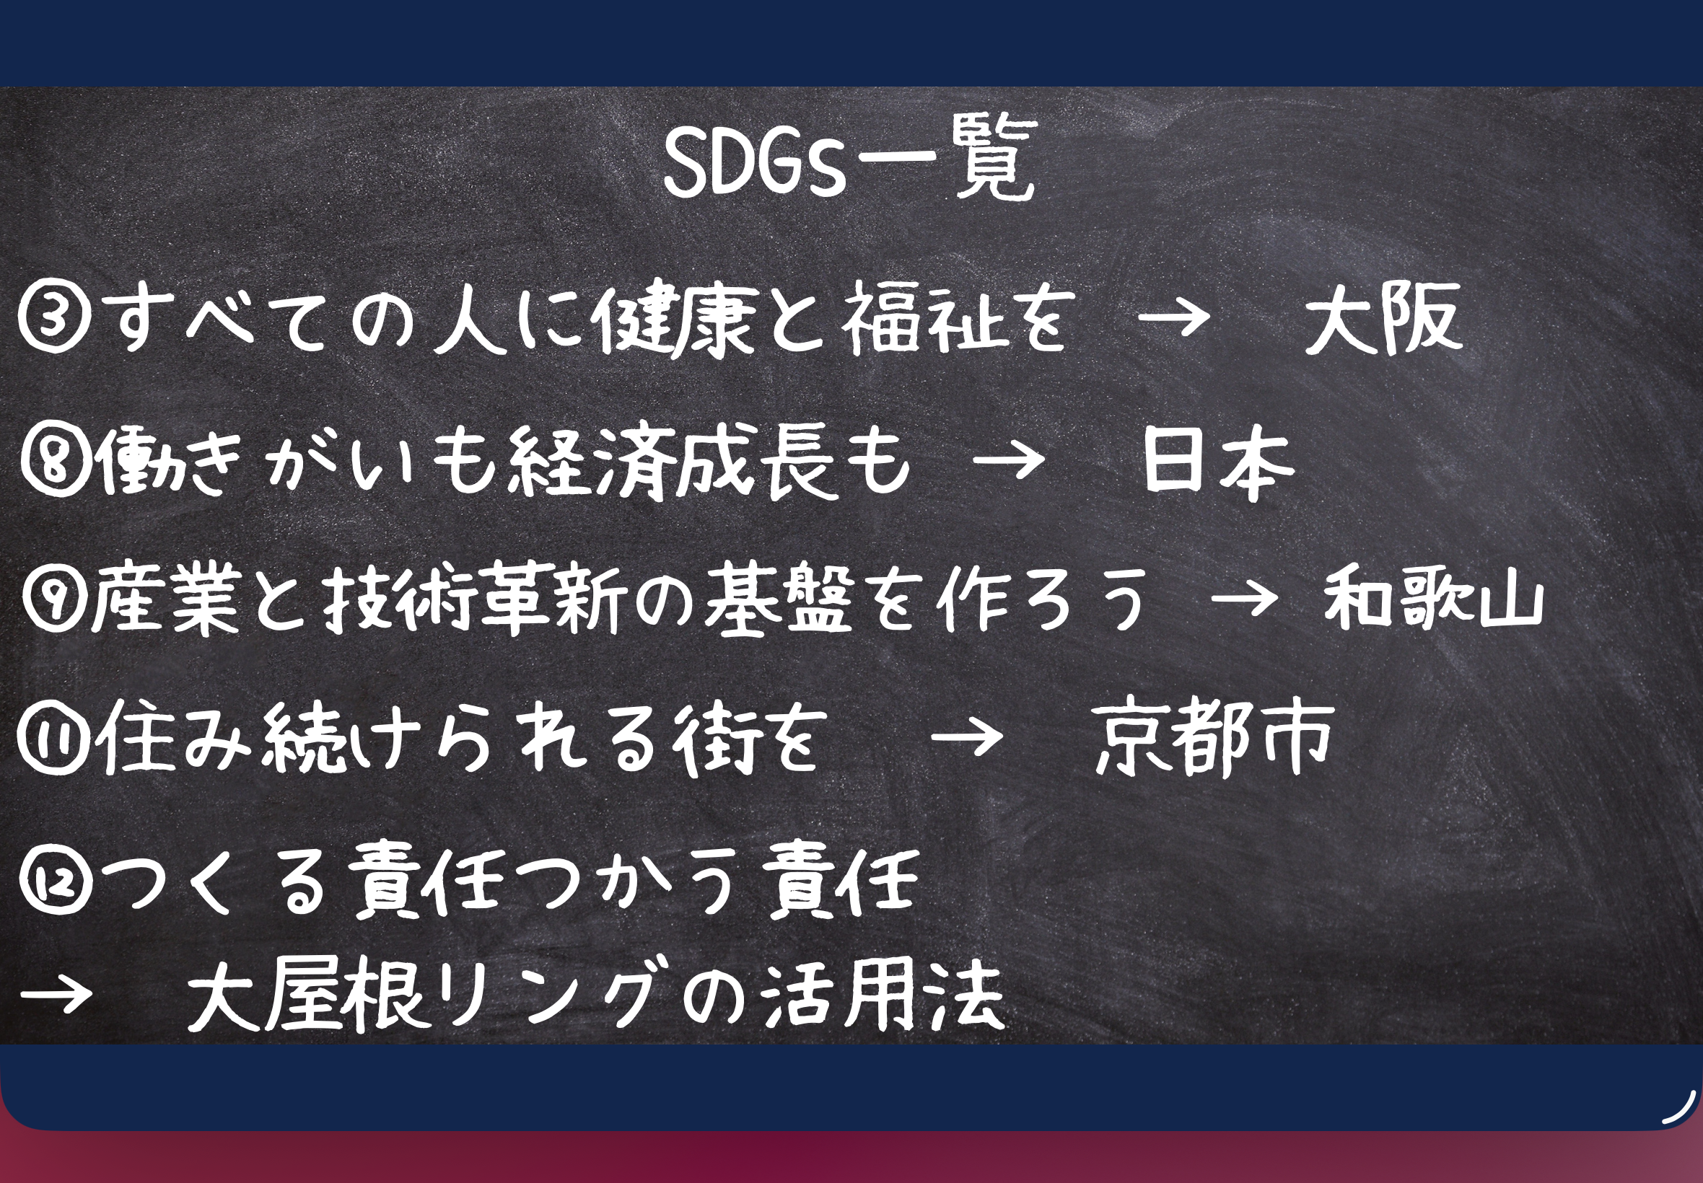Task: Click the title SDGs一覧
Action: (x=849, y=161)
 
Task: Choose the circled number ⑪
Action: (x=53, y=739)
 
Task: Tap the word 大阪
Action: (x=1382, y=319)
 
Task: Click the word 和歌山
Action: (x=1434, y=597)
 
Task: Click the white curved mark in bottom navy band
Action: (x=1680, y=1107)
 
